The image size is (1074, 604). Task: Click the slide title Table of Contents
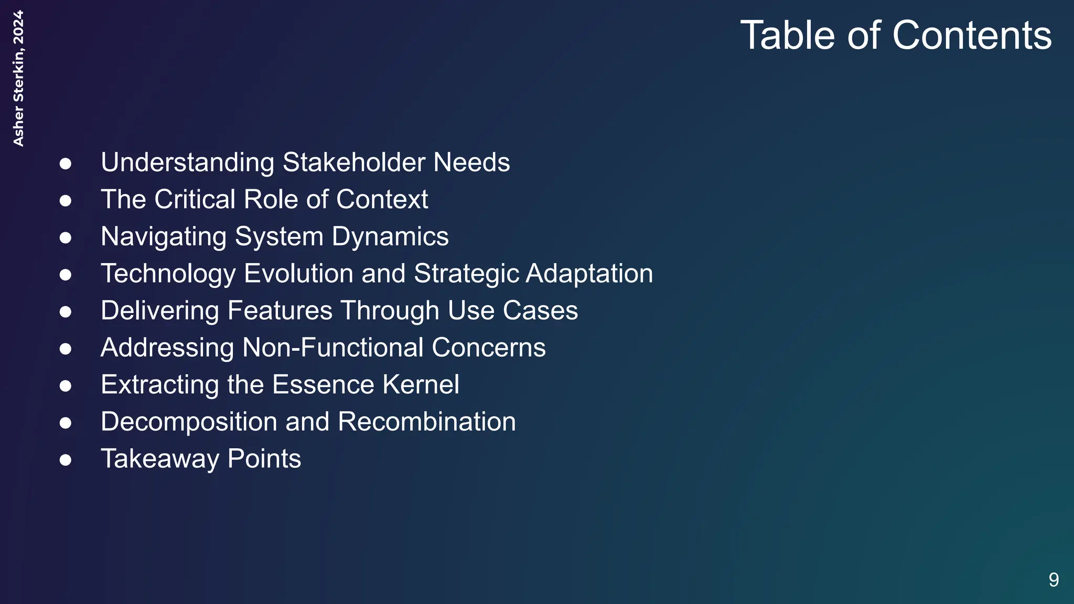(x=895, y=36)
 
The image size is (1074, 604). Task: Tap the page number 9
(x=1054, y=580)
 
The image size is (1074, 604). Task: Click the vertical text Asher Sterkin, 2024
(x=18, y=79)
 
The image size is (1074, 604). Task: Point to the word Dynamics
(x=390, y=236)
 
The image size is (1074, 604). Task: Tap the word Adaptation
(x=589, y=274)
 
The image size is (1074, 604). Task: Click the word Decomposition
(x=189, y=422)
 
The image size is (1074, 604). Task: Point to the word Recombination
(x=427, y=422)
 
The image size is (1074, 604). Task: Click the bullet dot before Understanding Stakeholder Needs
(x=66, y=164)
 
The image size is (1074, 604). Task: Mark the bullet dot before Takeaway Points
(x=66, y=460)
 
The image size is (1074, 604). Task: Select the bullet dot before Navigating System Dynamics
(x=66, y=238)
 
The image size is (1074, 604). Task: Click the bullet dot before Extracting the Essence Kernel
(x=66, y=386)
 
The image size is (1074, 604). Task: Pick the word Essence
(x=323, y=385)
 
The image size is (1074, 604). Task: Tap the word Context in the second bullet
(x=382, y=200)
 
